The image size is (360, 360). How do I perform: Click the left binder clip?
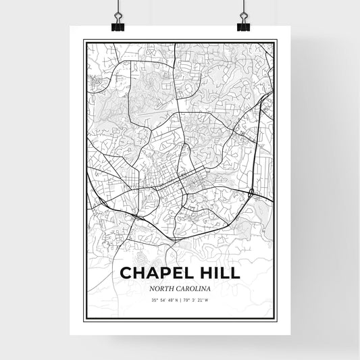click(x=118, y=21)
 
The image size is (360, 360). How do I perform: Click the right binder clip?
click(x=243, y=21)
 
